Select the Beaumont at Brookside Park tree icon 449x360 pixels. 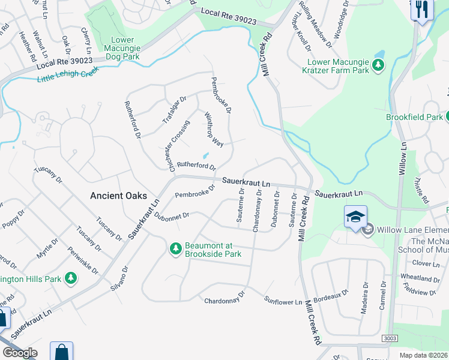176,248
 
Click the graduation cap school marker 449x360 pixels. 356,216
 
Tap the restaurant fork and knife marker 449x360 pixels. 422,9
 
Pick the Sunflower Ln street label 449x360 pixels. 283,301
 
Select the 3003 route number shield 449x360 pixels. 386,340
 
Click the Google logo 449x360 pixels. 20,353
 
